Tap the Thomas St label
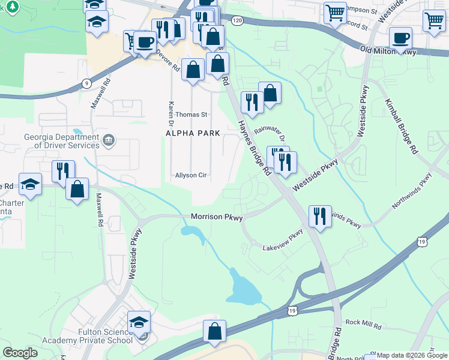pos(191,114)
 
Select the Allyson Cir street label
pos(191,176)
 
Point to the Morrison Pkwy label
pos(217,217)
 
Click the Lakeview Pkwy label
pos(283,240)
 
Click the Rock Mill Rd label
pos(363,323)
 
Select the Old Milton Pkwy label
pos(388,52)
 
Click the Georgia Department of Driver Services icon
pos(109,141)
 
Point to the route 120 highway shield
pos(238,21)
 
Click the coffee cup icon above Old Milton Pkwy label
pos(401,38)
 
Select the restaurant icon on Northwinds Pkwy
pos(319,216)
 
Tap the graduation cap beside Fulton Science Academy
pos(139,322)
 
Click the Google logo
pos(20,353)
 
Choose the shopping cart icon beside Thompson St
pos(335,12)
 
